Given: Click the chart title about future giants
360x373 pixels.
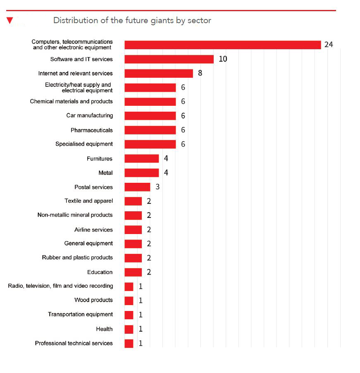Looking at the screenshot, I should coord(132,21).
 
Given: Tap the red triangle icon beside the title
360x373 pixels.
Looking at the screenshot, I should coord(10,20).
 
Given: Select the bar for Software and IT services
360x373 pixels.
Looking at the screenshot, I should coord(169,59).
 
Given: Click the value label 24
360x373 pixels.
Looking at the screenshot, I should coord(329,45).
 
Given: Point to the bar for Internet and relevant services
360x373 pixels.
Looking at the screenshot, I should coord(158,73).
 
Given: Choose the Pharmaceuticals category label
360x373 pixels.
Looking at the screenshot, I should coord(91,130).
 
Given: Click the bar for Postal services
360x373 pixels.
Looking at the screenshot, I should coord(137,187).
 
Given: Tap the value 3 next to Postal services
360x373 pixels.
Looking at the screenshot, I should coord(157,187).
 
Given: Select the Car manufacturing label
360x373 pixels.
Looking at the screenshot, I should coord(89,115).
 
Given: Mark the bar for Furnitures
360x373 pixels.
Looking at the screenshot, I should coord(141,158).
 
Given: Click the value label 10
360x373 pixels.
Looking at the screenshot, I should coord(223,59).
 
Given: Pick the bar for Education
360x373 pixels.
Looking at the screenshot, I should coord(133,272).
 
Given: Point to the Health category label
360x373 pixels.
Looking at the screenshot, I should coord(104,329).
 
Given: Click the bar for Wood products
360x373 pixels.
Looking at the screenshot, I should coord(129,301).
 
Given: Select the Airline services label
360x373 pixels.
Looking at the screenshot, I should coord(93,230).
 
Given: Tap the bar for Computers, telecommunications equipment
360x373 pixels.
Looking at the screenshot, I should coord(222,45).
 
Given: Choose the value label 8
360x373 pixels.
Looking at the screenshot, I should coord(200,73).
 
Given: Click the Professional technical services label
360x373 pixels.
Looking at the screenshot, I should coord(74,343).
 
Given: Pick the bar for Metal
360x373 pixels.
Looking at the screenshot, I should coord(141,173).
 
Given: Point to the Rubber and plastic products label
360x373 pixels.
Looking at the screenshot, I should coord(77,258).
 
